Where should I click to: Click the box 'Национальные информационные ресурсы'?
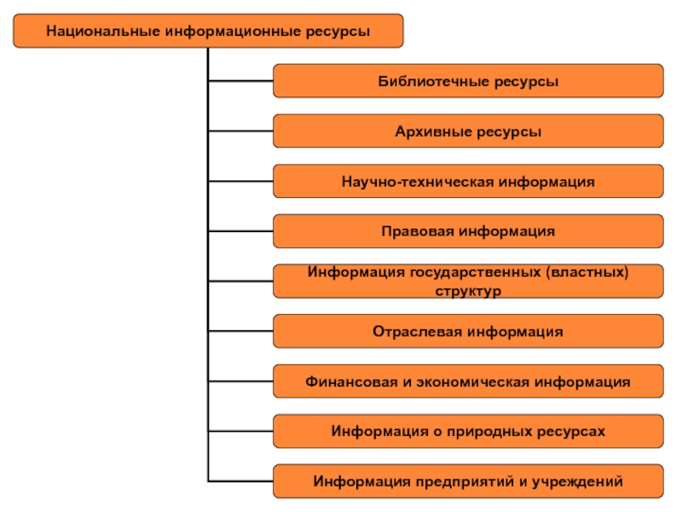coord(208,31)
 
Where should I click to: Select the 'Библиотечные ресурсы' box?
coord(468,82)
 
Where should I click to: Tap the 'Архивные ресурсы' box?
coord(468,132)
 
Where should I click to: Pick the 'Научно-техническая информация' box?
coord(468,182)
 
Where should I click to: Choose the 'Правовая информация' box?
coord(468,231)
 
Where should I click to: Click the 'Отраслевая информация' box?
coord(468,331)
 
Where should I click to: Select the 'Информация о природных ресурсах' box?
coord(468,431)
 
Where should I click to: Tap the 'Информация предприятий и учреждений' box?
coord(468,481)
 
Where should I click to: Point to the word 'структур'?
coord(468,290)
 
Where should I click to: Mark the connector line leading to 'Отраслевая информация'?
coord(240,331)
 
